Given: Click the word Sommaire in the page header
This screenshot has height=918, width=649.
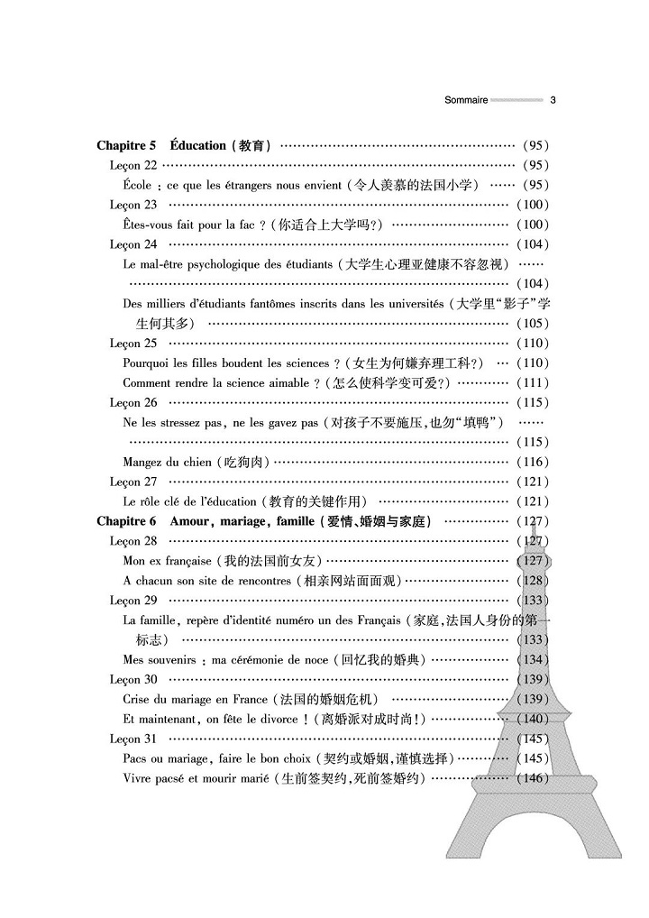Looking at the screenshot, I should coord(466,100).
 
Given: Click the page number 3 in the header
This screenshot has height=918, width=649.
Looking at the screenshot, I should coord(552,100).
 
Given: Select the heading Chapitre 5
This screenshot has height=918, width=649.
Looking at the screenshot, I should coord(127,145).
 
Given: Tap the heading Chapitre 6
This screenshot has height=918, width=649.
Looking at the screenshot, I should coord(127,521).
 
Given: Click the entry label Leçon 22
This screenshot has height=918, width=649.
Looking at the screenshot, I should coord(133,165).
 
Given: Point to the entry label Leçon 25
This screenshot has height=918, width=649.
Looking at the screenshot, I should coord(133,343).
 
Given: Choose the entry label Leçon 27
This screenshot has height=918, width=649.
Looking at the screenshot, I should coord(133,482).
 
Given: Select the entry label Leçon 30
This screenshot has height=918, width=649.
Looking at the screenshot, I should coord(133,679).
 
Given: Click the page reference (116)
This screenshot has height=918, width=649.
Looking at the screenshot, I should coord(533,462).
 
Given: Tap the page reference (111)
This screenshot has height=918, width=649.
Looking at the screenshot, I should coord(533,382).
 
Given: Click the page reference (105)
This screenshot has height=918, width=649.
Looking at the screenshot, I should coord(533,323).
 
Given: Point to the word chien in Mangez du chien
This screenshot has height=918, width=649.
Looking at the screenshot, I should coord(197,462).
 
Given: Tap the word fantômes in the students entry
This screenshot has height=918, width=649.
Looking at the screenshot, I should coord(280,304).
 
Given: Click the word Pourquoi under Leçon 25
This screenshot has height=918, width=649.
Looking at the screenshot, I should coord(147,363).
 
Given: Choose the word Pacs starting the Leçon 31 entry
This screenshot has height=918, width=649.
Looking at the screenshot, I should coord(135,758).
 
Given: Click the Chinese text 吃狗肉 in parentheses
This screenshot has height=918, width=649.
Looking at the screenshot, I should coord(244,462).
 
